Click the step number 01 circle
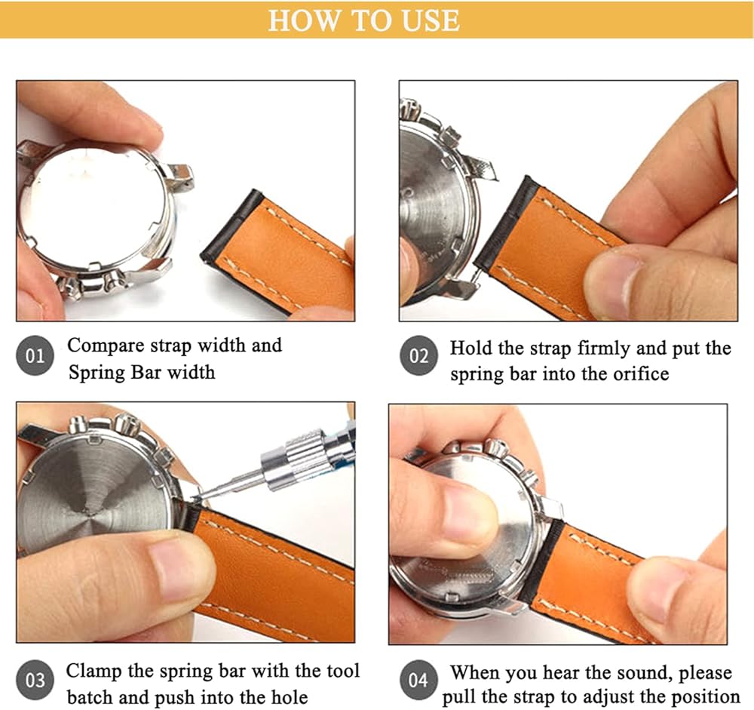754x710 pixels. coord(35,356)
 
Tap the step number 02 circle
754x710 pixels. coord(418,355)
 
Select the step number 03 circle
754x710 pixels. coord(35,680)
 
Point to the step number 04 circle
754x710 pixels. coord(418,679)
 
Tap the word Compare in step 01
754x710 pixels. coord(106,346)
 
